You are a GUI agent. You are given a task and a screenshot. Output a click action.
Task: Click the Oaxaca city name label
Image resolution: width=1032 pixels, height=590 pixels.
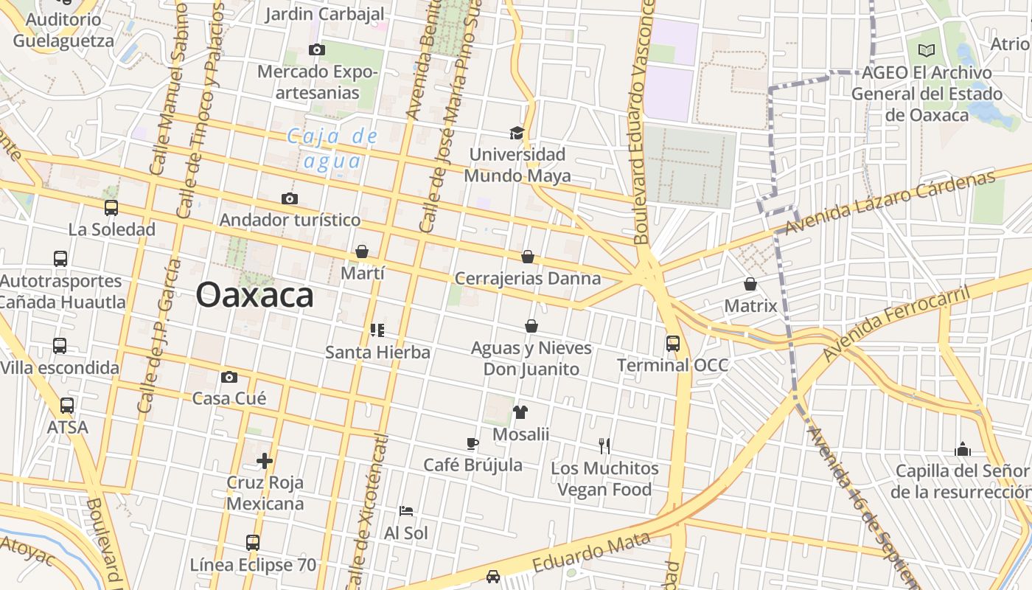tap(254, 296)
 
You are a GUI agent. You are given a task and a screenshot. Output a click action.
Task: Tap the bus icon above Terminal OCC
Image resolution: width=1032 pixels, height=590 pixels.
tap(672, 343)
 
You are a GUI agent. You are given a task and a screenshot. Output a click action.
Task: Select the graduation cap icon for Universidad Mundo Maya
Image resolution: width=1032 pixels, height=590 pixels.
tap(517, 133)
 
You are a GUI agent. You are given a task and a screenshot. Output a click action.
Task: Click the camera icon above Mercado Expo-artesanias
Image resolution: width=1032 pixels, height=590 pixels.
tap(317, 50)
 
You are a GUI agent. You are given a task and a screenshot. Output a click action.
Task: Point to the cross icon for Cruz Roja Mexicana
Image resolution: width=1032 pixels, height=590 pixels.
tap(265, 462)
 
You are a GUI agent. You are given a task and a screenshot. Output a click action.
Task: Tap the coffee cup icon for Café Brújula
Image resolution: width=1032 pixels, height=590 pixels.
tap(473, 443)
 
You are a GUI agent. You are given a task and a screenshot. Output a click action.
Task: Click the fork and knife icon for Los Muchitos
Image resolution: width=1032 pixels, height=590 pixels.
tap(604, 445)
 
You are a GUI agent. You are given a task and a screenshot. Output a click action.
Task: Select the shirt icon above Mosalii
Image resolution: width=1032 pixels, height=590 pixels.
tap(520, 412)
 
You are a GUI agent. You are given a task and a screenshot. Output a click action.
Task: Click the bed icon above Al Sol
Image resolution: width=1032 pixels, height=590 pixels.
tap(405, 510)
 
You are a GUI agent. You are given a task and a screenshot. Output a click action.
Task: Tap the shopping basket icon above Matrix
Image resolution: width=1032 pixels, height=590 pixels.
tap(750, 284)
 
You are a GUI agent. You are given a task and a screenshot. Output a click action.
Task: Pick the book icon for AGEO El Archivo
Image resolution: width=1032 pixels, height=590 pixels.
tap(927, 51)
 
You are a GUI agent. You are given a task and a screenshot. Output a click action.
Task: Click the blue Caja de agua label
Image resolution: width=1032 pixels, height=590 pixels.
tap(332, 148)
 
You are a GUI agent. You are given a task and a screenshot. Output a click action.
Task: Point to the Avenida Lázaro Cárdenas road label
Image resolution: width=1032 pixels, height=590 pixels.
tap(890, 202)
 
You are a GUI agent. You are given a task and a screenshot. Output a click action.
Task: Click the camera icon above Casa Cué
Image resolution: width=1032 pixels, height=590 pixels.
tap(229, 378)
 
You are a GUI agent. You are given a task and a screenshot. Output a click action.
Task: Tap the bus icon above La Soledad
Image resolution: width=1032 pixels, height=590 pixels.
tap(111, 208)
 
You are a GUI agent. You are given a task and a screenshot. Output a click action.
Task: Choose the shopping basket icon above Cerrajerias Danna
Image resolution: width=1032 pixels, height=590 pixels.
tap(528, 257)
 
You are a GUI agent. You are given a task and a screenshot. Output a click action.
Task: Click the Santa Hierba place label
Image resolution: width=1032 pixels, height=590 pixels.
tap(377, 352)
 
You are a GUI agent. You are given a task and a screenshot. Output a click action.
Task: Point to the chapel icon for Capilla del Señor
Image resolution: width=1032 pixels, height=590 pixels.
tap(962, 449)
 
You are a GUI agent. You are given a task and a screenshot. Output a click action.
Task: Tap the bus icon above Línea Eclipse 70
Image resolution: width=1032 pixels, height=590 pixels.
tap(253, 543)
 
